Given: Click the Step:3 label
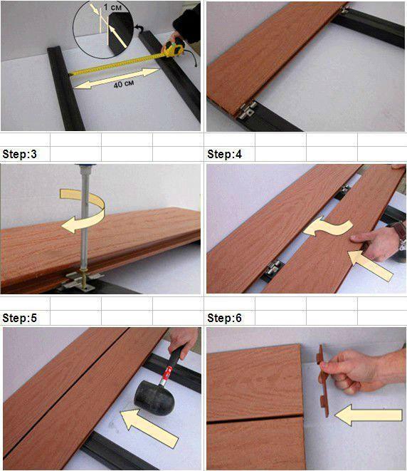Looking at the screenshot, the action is coord(19,154).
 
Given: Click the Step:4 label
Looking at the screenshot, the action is coord(224,154).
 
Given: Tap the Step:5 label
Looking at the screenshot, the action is coord(19,318).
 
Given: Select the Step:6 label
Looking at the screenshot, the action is coord(224,318).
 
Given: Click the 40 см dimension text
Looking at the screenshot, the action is coord(124,84).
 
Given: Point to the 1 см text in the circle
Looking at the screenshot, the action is coord(112,7).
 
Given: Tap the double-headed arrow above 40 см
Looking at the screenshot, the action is coord(117,78).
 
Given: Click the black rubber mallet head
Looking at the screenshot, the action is coord(154,398).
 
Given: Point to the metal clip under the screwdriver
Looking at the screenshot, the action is coord(80,281).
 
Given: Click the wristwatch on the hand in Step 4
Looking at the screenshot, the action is coord(401,234).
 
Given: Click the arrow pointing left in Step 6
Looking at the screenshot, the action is coord(369,415).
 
